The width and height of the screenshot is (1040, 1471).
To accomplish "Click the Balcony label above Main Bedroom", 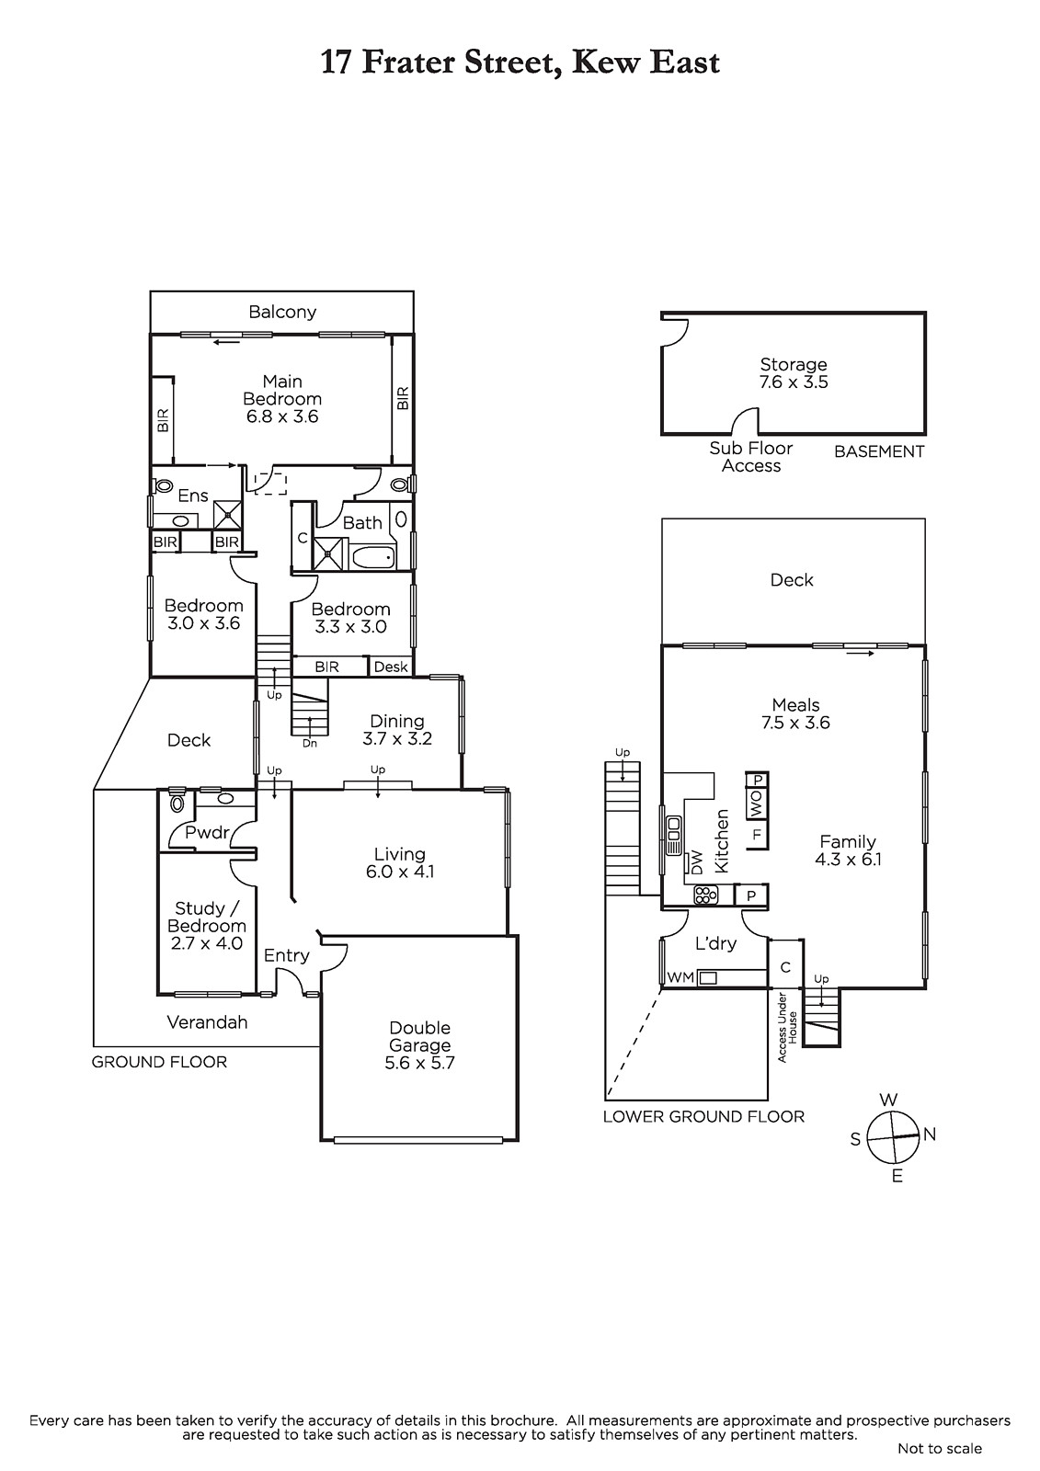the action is click(282, 312).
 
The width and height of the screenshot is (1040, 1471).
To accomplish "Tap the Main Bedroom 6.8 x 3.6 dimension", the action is click(282, 416).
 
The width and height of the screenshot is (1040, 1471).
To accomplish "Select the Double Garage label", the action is click(420, 1036).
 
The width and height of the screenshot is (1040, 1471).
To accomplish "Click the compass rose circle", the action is click(893, 1136).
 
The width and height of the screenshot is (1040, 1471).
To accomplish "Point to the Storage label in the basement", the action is click(793, 364).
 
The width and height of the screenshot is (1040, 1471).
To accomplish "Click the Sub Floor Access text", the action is click(751, 457).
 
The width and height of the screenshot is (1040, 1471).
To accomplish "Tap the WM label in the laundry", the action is click(680, 977).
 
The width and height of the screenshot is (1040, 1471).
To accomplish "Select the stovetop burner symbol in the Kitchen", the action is click(706, 895).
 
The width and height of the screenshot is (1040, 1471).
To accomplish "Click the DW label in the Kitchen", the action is click(697, 862).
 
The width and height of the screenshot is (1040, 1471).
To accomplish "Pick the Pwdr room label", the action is click(207, 833).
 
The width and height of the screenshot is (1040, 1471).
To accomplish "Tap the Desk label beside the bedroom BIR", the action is click(391, 667).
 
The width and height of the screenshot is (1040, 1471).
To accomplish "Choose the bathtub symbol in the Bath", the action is click(374, 558).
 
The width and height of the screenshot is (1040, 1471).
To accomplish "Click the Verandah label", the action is click(207, 1021).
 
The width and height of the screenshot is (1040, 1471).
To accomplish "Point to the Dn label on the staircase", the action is click(310, 744).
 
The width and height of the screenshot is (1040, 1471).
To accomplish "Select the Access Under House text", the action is click(787, 1026).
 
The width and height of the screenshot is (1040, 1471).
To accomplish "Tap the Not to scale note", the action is click(940, 1448).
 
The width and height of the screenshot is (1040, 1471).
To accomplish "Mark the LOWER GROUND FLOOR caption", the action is click(703, 1116).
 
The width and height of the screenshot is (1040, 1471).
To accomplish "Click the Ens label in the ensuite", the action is click(193, 496).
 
